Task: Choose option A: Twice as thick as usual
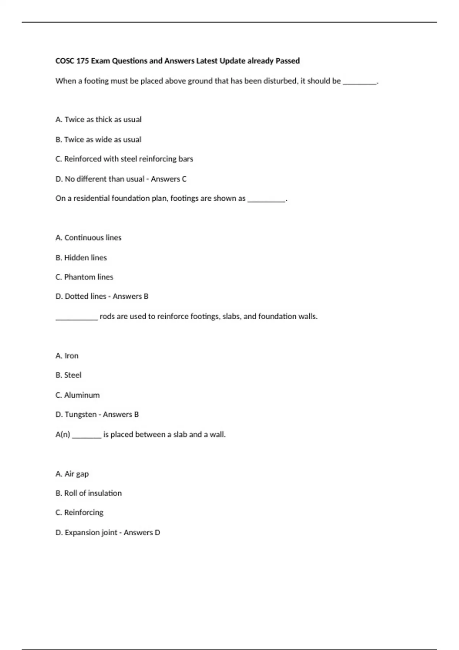[x=99, y=120]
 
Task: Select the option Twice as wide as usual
[x=98, y=140]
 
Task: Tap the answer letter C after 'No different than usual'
[x=184, y=179]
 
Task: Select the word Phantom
[x=80, y=277]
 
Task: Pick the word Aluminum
[x=82, y=395]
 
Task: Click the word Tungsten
[x=81, y=414]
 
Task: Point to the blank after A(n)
[x=86, y=436]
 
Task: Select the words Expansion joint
[x=91, y=533]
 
